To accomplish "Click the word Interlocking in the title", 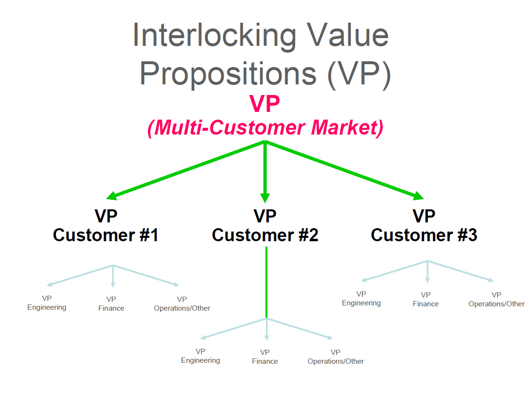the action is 214,36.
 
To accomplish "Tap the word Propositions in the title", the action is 228,74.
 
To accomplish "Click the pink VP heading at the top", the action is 265,104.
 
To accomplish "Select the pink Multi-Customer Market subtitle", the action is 265,127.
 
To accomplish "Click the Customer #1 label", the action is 106,235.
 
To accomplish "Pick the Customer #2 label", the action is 265,235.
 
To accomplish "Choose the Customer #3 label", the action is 424,235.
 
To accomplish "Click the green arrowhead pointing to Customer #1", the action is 111,195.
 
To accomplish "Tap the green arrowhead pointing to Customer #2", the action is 265,198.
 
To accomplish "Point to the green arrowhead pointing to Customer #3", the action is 418,195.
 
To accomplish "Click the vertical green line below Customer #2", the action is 266,282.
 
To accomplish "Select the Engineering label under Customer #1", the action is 47,307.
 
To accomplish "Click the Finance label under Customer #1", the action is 111,308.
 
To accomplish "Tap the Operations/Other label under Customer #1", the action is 182,308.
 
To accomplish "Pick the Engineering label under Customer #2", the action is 200,360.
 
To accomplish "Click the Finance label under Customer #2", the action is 265,361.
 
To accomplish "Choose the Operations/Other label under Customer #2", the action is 336,361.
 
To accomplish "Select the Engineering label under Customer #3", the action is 361,303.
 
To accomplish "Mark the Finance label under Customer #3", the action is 425,304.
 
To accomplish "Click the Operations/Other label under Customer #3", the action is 497,304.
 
